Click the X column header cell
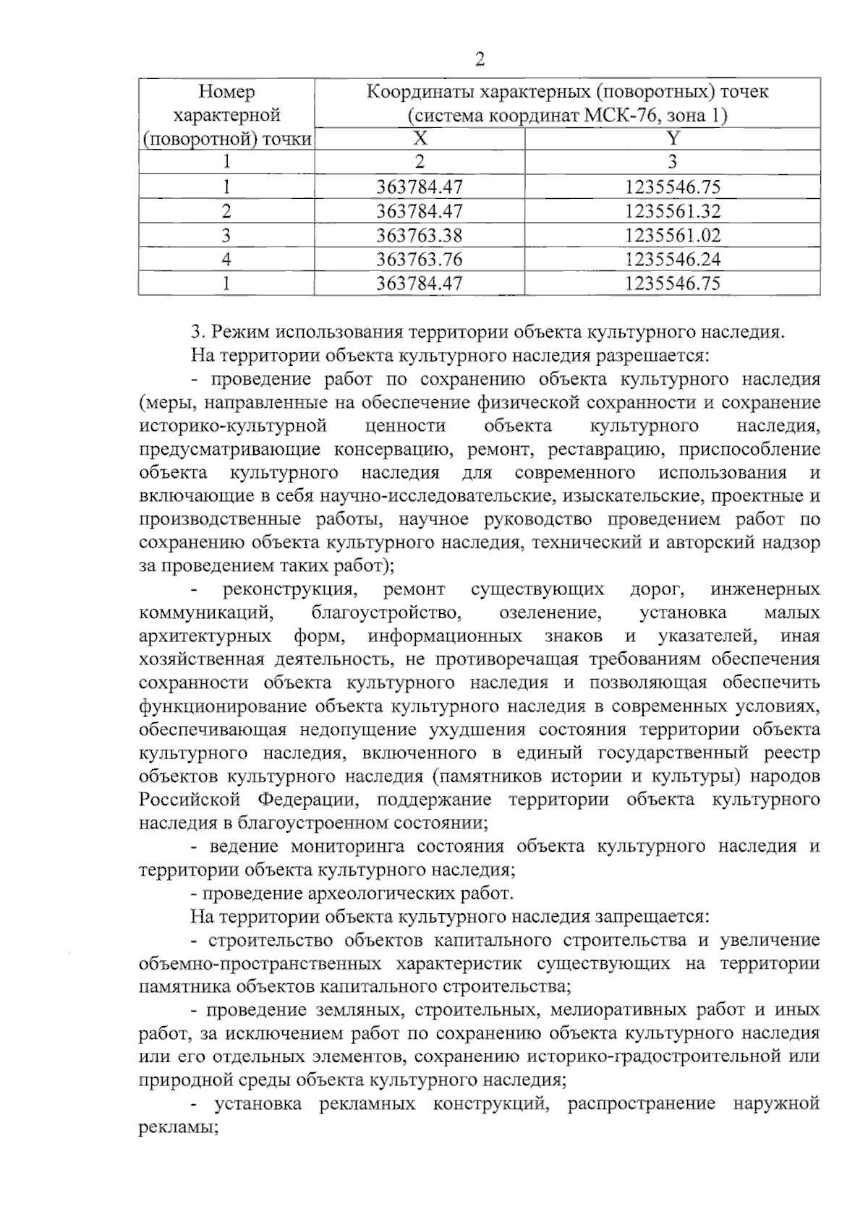420,139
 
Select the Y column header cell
672,139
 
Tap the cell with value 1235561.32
672,211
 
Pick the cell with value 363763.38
420,235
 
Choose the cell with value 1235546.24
672,259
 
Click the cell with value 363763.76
420,259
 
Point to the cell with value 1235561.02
672,235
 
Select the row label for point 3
227,235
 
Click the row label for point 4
227,259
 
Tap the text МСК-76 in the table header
624,116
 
